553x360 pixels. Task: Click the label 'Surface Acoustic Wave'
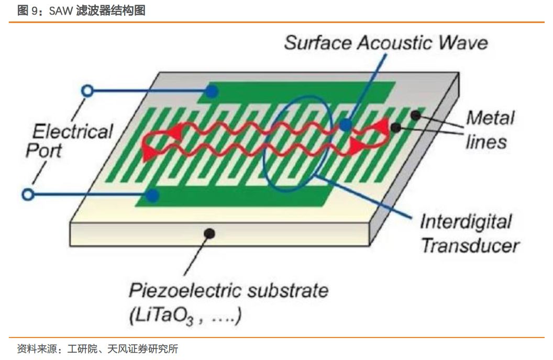[385, 42]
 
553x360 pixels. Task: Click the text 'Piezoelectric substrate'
[228, 290]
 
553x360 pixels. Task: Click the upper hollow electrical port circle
[88, 91]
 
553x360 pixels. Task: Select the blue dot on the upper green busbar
[211, 91]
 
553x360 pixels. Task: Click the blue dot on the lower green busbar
[152, 196]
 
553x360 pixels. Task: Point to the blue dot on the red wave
[345, 125]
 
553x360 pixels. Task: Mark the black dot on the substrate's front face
[210, 233]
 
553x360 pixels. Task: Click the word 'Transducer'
[470, 245]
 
